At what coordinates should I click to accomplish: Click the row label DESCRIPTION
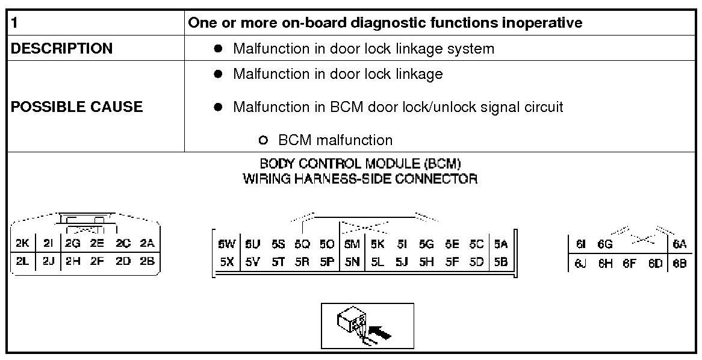pos(61,49)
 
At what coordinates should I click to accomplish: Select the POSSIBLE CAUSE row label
pos(77,107)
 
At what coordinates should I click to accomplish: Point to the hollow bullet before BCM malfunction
pos(262,141)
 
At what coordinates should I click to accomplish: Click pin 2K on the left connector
pos(23,244)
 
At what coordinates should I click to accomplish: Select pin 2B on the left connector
pos(147,261)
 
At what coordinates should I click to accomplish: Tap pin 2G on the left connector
pos(73,244)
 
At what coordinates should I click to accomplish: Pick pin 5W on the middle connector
pos(226,244)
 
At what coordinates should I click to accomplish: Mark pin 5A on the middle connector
pos(501,244)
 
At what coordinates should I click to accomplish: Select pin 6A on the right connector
pos(680,244)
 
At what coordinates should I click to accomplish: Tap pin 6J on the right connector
pos(580,263)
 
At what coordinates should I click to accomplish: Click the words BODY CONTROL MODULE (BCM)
pos(360,163)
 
